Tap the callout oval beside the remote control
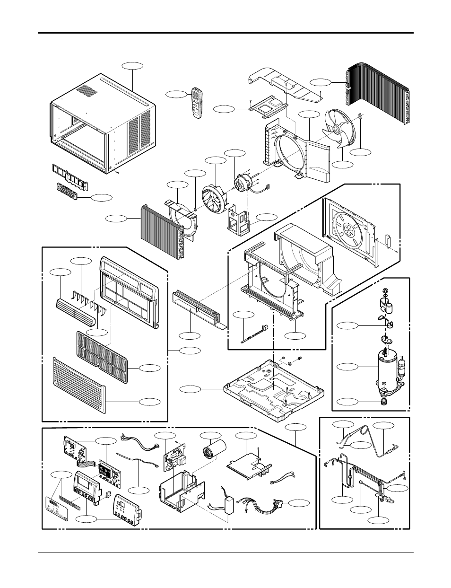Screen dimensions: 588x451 [177, 95]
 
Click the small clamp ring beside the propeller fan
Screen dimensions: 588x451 [360, 114]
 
